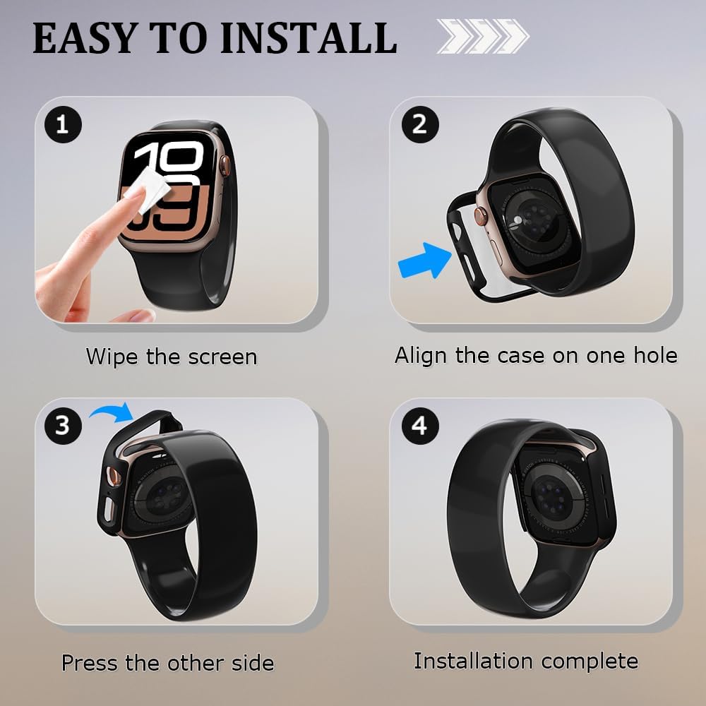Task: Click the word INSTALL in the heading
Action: point(309,39)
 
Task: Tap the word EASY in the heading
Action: point(85,39)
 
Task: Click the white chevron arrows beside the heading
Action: point(483,37)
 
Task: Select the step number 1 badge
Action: point(63,124)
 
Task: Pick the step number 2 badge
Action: point(420,124)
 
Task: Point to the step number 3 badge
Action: point(63,426)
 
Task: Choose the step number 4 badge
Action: point(420,426)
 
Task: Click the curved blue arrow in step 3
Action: point(112,411)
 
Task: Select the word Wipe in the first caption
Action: point(112,357)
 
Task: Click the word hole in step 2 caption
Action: point(655,355)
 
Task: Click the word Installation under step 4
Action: point(473,661)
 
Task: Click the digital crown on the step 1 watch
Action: point(225,164)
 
